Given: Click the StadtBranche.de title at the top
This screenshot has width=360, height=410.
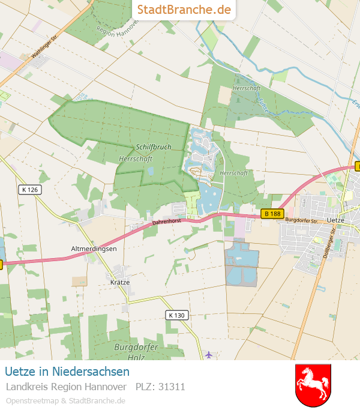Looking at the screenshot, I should [x=184, y=10].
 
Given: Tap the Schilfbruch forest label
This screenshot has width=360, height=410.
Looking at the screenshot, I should [x=154, y=146].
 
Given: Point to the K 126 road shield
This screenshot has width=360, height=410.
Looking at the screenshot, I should [x=29, y=190].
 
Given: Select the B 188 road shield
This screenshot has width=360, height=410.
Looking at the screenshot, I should [x=272, y=213].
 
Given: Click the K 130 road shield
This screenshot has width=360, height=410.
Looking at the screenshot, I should [x=176, y=315].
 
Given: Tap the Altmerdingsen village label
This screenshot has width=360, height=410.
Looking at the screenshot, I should [x=94, y=248].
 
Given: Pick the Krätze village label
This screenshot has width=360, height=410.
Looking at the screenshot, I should [x=120, y=282].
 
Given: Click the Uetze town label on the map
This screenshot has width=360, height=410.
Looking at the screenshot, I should [x=340, y=220].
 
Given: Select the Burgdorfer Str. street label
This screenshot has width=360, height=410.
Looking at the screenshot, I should [x=301, y=220].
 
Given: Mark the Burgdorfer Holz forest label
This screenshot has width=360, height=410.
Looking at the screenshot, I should [x=136, y=352].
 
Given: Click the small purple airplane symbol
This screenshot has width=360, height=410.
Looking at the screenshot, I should [x=208, y=354].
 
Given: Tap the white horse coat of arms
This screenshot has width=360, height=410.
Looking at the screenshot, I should [x=313, y=385].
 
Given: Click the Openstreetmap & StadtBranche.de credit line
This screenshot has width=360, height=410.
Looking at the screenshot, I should [x=65, y=400].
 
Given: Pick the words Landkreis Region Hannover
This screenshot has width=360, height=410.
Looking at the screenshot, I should [x=66, y=387].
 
